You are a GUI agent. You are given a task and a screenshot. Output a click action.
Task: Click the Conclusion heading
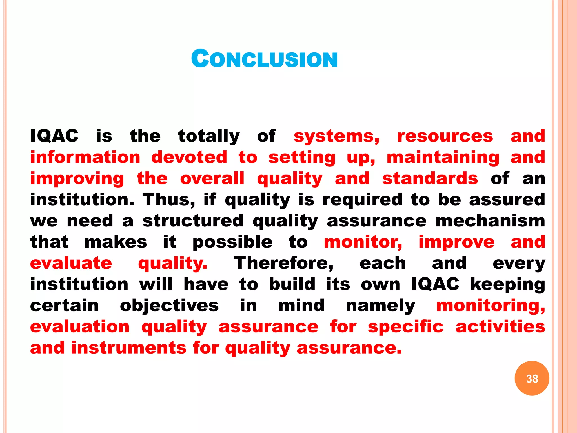coord(264,59)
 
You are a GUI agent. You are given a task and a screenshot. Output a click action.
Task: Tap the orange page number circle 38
coord(532,378)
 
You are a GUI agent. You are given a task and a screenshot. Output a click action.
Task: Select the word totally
coord(209,136)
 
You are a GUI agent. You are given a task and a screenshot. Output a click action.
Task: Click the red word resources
coord(445,136)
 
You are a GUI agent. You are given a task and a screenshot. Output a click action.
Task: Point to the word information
coord(85,157)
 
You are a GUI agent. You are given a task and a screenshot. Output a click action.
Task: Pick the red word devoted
coord(189,157)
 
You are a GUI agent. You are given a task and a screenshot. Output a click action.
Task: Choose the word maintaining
coord(443,158)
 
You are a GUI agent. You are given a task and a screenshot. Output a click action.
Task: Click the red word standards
coord(430,178)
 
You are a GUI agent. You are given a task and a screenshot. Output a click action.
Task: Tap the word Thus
coord(168,200)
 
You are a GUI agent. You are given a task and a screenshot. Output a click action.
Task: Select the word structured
coord(193,221)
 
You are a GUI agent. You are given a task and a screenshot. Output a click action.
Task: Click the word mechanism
coord(490,221)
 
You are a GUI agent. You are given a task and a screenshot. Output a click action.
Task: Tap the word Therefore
coord(283,263)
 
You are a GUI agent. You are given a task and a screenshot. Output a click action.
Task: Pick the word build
coord(292,284)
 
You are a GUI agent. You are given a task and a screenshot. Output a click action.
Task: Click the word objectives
coord(169,306)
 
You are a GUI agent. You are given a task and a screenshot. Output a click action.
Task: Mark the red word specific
coord(405,327)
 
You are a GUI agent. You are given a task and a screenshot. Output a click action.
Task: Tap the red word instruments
coord(129,348)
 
